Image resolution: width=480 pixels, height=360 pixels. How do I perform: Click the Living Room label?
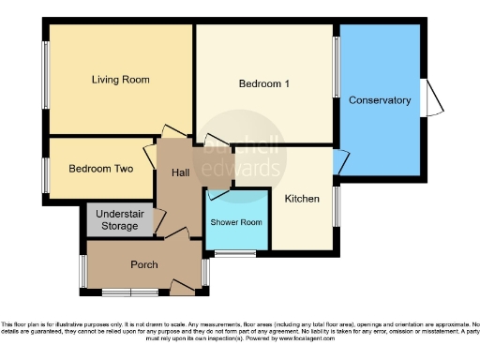(120, 80)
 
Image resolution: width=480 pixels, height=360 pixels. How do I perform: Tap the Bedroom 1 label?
(263, 84)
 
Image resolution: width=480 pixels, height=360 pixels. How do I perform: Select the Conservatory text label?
(380, 100)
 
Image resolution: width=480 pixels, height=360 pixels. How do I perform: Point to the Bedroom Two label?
(100, 169)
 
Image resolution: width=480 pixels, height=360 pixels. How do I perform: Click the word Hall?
(182, 172)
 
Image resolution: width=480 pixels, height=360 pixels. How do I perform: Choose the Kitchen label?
(302, 199)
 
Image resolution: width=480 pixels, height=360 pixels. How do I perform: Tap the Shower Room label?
(236, 222)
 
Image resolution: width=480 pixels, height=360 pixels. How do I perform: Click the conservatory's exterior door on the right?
(432, 98)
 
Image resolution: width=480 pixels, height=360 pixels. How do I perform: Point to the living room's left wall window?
(44, 80)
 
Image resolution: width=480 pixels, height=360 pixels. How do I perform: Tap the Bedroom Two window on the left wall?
(44, 173)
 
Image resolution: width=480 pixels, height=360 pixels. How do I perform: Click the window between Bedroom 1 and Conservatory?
(337, 67)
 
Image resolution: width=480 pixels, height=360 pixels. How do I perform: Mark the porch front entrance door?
(181, 285)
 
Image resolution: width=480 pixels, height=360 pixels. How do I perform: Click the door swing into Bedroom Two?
(150, 155)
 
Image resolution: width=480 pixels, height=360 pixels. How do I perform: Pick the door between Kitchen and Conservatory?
(339, 161)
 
